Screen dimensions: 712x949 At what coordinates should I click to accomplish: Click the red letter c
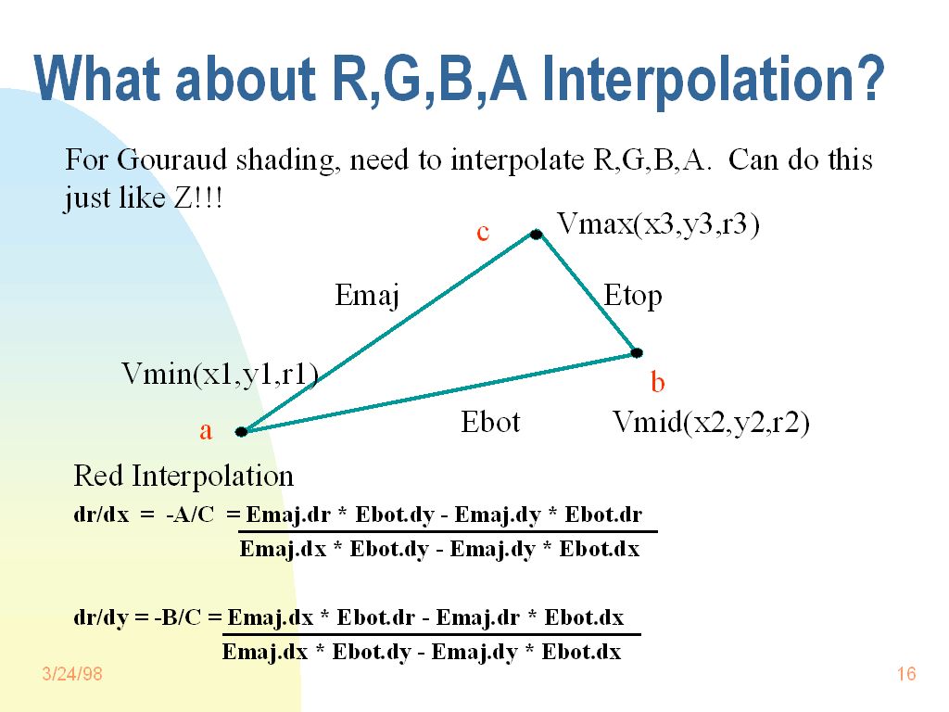click(x=483, y=233)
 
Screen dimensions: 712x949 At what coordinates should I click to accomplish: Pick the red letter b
click(x=657, y=382)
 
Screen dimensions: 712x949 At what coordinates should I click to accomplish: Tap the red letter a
click(x=206, y=431)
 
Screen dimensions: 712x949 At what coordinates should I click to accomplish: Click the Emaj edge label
click(x=366, y=297)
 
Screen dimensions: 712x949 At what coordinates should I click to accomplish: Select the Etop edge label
click(x=633, y=297)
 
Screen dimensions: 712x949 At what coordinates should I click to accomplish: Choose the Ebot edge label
click(x=490, y=423)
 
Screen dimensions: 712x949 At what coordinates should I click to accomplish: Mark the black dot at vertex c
click(x=536, y=235)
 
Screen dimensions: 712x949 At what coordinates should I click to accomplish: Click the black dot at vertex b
click(x=637, y=352)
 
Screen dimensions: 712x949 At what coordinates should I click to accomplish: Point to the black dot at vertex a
click(x=241, y=431)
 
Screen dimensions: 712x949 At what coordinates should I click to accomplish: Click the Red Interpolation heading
click(x=183, y=477)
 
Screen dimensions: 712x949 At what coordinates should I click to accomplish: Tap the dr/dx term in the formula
click(x=101, y=515)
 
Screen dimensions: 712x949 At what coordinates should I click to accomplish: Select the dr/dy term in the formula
click(x=101, y=617)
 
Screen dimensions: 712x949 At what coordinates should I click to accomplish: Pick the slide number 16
click(x=906, y=674)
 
